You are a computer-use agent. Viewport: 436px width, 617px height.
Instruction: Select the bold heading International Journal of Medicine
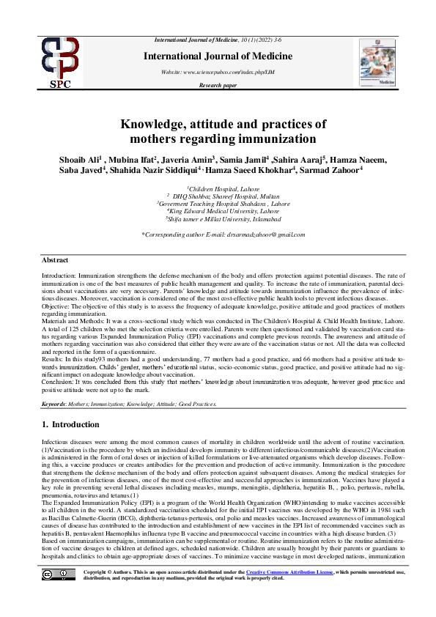(218, 56)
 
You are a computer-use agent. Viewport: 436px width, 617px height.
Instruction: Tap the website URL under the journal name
(217, 72)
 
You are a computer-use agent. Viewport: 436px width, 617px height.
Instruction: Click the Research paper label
(218, 86)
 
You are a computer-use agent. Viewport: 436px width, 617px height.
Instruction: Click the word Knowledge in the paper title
(160, 124)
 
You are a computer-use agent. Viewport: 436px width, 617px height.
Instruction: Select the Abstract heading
(55, 261)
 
